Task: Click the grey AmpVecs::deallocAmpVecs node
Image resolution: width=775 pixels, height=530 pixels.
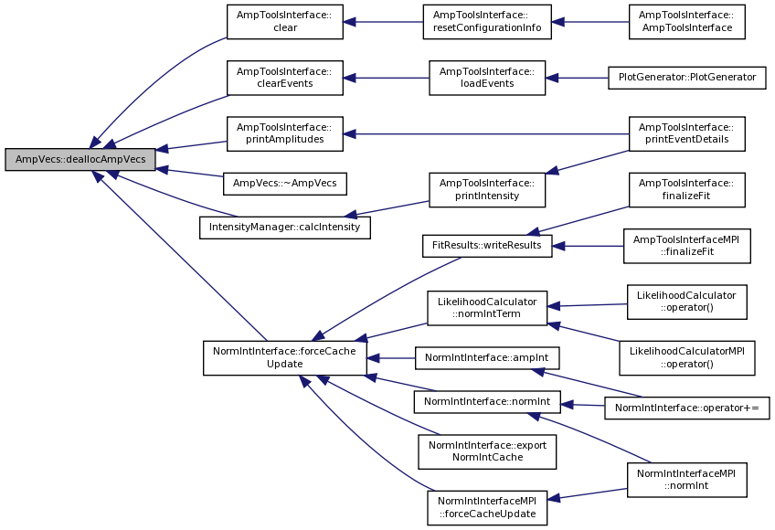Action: point(80,159)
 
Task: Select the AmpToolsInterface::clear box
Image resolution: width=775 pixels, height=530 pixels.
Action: point(285,22)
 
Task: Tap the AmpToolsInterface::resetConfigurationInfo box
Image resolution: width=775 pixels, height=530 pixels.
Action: point(487,22)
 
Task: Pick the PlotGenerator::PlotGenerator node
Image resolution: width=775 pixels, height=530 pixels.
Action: point(687,78)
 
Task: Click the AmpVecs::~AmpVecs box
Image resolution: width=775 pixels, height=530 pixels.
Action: point(285,184)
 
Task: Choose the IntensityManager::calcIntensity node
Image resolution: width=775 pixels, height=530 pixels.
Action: point(285,228)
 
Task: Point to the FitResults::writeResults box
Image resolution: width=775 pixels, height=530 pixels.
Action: point(487,246)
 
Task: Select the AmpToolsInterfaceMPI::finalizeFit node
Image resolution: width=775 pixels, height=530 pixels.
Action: point(687,246)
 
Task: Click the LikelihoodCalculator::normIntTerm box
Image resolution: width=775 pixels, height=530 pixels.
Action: point(487,308)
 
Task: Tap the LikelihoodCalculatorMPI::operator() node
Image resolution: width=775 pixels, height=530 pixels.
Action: point(687,358)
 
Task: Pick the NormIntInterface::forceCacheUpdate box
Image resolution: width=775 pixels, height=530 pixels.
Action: point(285,358)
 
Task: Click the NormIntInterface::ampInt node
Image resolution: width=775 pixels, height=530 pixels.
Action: point(487,358)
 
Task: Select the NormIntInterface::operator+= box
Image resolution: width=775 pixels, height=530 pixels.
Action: point(687,408)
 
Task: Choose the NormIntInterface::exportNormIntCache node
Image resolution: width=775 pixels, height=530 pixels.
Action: point(487,452)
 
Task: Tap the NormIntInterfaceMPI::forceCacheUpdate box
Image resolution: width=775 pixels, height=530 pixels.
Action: point(487,508)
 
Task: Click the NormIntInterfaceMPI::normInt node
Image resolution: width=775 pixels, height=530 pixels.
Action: point(687,480)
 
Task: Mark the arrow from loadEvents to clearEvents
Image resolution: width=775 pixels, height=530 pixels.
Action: point(386,78)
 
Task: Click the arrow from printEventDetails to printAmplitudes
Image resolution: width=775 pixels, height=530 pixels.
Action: point(486,134)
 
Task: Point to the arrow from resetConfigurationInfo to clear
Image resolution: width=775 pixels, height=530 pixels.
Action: point(383,22)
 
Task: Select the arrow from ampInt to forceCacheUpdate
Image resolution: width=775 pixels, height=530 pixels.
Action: point(391,358)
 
